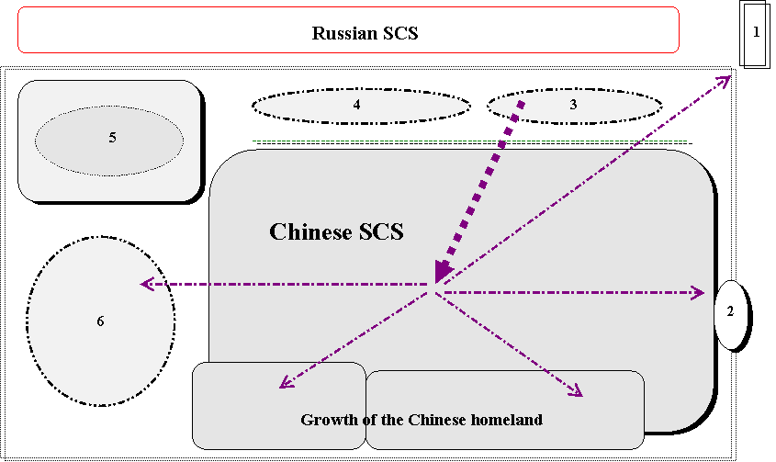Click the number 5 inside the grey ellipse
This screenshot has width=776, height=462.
click(x=112, y=138)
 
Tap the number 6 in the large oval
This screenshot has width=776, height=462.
click(x=100, y=321)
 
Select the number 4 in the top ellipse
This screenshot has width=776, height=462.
click(x=356, y=105)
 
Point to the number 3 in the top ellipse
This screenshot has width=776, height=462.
click(x=573, y=105)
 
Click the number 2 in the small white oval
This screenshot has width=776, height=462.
click(x=730, y=311)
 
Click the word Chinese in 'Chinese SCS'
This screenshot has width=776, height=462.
click(x=309, y=231)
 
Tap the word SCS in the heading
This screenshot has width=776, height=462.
click(x=379, y=231)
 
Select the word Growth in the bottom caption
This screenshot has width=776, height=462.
click(x=326, y=420)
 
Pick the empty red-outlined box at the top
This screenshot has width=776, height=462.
click(x=348, y=29)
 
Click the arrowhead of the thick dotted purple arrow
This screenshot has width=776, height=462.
click(x=443, y=272)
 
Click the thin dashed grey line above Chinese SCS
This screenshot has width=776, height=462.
click(x=468, y=141)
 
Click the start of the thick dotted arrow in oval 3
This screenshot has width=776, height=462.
click(x=521, y=103)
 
